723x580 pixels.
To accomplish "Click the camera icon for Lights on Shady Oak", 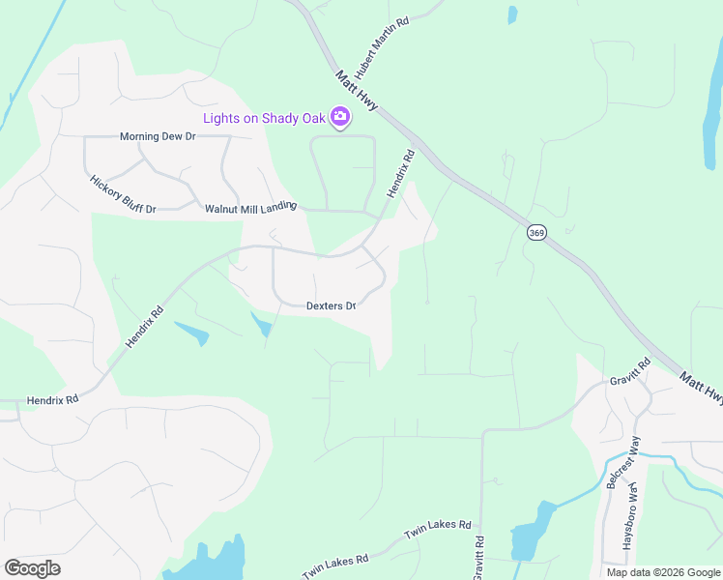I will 339,118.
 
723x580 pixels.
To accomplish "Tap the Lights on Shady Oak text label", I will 265,119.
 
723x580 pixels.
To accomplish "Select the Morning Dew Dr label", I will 158,136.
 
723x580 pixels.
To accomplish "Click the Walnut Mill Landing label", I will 249,208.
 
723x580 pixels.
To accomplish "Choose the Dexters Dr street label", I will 331,305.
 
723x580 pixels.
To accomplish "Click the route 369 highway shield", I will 537,232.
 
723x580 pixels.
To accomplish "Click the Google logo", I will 32,567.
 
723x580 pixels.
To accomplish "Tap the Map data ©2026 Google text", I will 662,572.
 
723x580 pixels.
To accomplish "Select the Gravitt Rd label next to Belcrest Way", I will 630,371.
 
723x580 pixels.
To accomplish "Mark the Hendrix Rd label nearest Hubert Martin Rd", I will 401,173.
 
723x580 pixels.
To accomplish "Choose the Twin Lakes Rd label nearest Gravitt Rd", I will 437,529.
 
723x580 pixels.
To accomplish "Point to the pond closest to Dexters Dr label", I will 262,325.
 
